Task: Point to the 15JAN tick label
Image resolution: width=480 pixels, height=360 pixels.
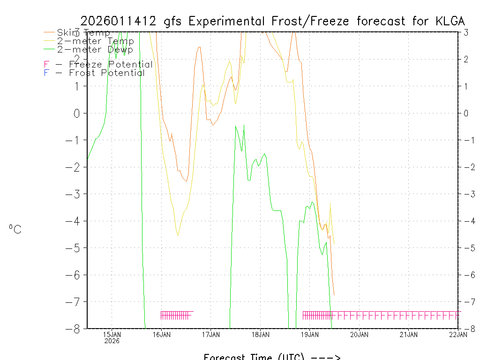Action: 112,334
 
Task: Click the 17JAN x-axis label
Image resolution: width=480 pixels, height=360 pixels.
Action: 210,334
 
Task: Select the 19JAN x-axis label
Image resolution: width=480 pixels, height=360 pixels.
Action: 309,334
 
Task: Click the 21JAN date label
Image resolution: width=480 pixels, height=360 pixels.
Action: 408,334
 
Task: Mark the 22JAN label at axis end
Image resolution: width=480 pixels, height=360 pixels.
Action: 458,334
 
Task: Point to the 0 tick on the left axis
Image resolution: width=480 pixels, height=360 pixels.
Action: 77,113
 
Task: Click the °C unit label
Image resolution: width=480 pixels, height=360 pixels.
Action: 15,229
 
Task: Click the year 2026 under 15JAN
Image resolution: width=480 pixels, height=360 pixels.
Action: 112,341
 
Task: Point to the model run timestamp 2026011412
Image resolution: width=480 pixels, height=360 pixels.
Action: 121,21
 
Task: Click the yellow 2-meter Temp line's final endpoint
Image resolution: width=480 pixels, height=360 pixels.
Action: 334,244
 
